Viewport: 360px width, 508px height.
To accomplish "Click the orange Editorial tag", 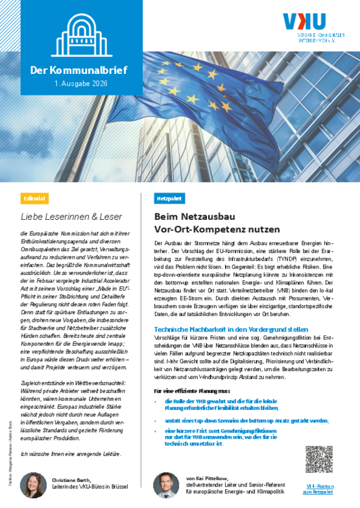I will coord(34,197).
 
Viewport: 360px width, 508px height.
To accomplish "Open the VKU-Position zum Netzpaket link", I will coord(318,488).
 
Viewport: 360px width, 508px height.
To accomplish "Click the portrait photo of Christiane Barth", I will coord(32,484).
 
